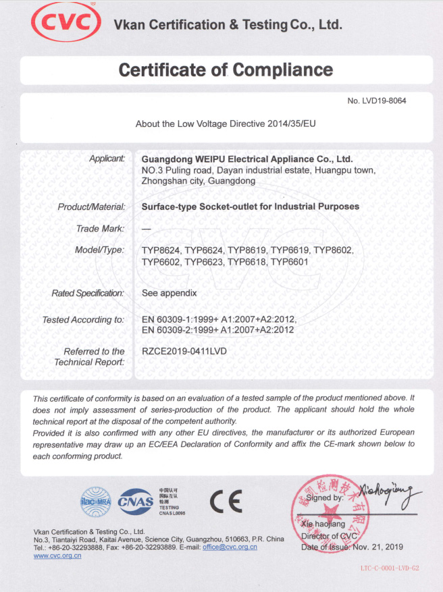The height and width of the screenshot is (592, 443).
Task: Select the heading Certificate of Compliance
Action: click(x=226, y=70)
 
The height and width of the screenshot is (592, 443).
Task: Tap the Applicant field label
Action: click(x=107, y=159)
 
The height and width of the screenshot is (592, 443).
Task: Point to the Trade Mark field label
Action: click(x=101, y=229)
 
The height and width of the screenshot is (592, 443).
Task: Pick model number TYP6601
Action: click(x=290, y=261)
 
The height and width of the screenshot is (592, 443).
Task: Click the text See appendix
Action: click(x=169, y=294)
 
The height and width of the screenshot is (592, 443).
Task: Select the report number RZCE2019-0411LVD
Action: click(x=184, y=351)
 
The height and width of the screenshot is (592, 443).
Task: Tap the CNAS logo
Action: click(x=135, y=501)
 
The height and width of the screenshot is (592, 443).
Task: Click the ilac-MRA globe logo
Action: click(x=97, y=501)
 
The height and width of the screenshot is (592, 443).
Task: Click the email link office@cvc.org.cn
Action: click(x=230, y=547)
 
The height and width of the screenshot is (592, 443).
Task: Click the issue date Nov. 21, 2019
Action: click(x=377, y=546)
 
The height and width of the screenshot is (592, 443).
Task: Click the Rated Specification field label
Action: click(x=88, y=294)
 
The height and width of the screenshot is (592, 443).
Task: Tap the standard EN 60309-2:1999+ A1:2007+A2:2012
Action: click(x=217, y=330)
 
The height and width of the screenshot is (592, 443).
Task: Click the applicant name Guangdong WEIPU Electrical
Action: click(x=247, y=159)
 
